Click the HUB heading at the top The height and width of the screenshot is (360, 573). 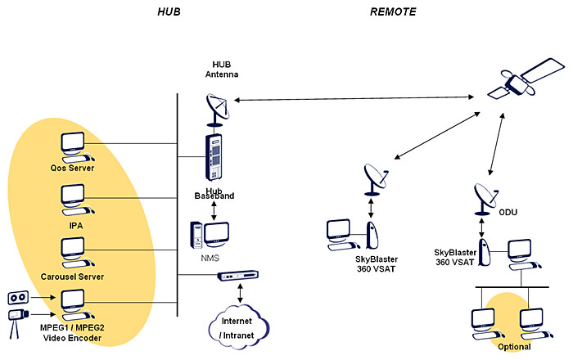pyautogui.click(x=169, y=12)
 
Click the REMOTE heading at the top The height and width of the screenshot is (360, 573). pyautogui.click(x=392, y=12)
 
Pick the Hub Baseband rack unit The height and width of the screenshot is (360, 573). pyautogui.click(x=214, y=159)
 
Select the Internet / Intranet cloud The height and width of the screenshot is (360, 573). pyautogui.click(x=237, y=325)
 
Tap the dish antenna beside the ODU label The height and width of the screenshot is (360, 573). pyautogui.click(x=485, y=197)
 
